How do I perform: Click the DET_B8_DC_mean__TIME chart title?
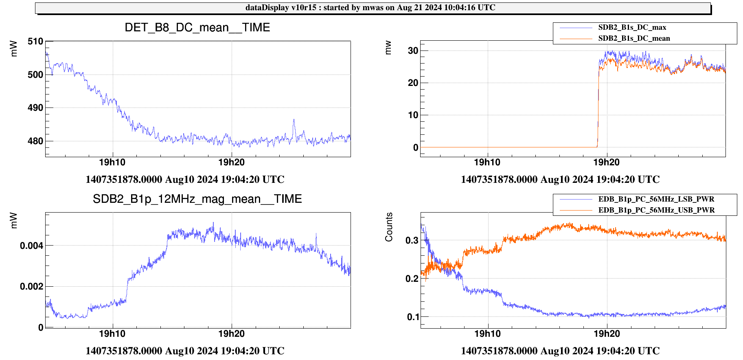coord(197,28)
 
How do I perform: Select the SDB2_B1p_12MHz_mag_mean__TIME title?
coord(197,199)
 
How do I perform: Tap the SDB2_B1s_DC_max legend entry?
coord(632,28)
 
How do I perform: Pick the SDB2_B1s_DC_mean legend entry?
coord(634,39)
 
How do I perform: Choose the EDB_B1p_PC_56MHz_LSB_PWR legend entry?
coord(656,199)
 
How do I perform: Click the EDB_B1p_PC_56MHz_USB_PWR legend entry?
coord(656,210)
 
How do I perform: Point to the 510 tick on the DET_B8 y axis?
coord(35,42)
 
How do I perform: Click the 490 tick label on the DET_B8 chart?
coord(35,108)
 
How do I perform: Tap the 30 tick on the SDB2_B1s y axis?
coord(413,51)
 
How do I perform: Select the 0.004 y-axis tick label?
coord(32,246)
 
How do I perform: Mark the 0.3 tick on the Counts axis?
coord(412,240)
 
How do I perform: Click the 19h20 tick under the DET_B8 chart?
coord(232,162)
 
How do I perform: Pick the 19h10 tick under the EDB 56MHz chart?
coord(487,334)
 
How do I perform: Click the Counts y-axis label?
coord(389,227)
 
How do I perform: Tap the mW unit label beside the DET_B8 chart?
coord(14,48)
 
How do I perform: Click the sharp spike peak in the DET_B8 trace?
coord(294,120)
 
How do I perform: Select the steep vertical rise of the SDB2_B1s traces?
coord(598,106)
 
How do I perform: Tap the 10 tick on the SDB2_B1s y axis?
coord(413,115)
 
